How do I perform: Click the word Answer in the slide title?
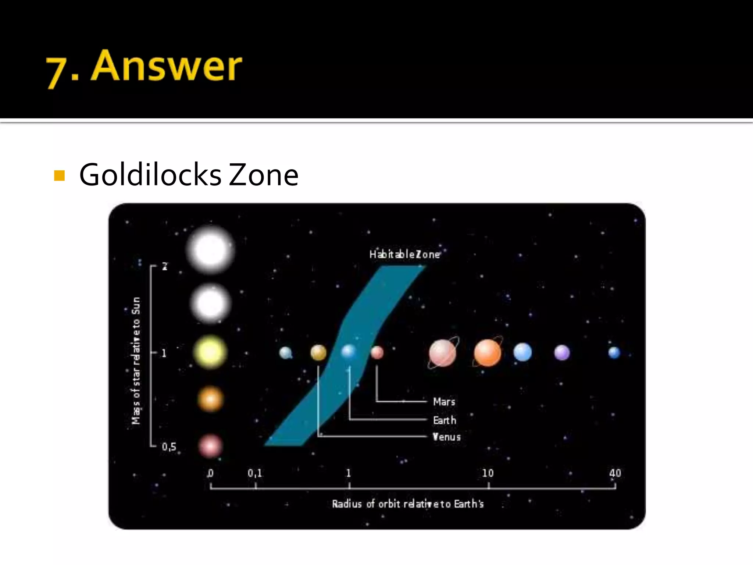click(166, 66)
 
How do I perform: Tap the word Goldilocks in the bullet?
click(150, 175)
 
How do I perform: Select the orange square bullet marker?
click(59, 175)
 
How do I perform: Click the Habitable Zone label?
click(404, 254)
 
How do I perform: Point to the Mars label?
click(444, 402)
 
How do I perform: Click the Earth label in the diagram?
click(445, 420)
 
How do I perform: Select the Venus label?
click(447, 437)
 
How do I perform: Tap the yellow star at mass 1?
click(210, 352)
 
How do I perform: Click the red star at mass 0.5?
click(210, 446)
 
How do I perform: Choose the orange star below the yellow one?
click(210, 399)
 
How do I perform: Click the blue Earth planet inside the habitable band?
click(349, 352)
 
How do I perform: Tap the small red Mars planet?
click(377, 352)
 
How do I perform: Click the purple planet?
click(562, 353)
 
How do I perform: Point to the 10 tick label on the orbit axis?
click(488, 473)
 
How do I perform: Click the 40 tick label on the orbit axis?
click(615, 473)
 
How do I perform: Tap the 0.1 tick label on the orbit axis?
click(255, 473)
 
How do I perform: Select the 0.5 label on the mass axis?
click(169, 447)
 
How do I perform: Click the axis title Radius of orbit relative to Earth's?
click(408, 504)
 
